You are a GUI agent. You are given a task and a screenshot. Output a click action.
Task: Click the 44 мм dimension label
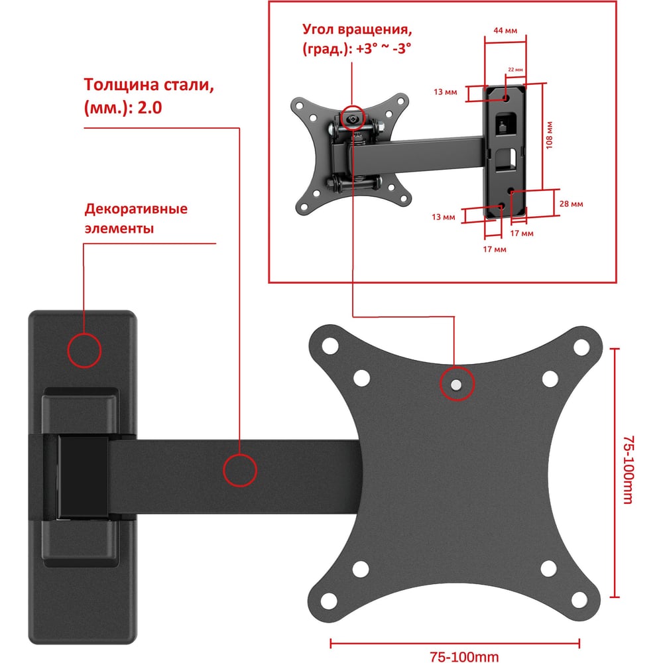pyautogui.click(x=505, y=30)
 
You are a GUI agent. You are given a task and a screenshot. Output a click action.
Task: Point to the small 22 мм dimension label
pyautogui.click(x=515, y=70)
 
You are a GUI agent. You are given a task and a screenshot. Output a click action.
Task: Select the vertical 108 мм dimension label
pyautogui.click(x=549, y=135)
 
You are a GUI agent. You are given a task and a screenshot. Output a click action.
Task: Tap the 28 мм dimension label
pyautogui.click(x=572, y=204)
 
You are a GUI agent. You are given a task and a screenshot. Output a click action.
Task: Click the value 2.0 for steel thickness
pyautogui.click(x=150, y=108)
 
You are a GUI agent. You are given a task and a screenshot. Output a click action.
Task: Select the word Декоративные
pyautogui.click(x=136, y=208)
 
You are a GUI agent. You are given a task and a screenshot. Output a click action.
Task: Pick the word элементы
pyautogui.click(x=119, y=228)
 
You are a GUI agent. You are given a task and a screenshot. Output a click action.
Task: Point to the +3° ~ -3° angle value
pyautogui.click(x=383, y=48)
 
